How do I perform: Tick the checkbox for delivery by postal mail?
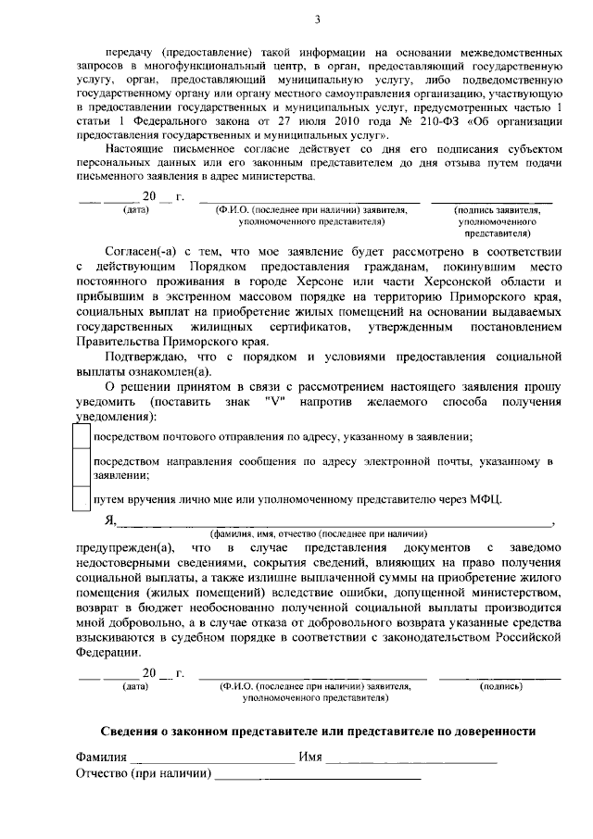pos(82,436)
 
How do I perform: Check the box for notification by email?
pos(82,468)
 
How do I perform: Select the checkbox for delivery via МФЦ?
pos(82,499)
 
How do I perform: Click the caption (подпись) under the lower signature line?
pos(500,686)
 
